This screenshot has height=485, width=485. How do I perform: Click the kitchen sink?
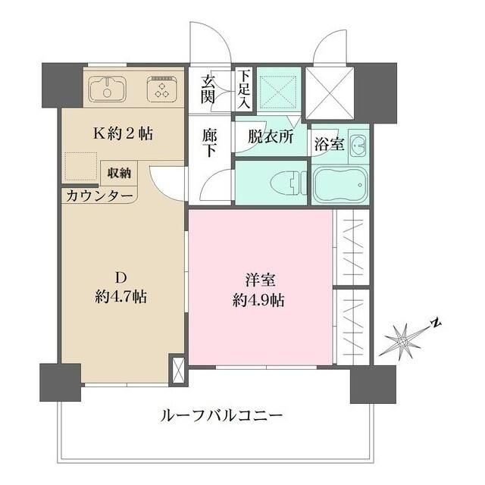tap(108, 89)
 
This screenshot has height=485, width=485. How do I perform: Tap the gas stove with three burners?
tap(161, 89)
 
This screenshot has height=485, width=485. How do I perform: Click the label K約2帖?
tap(123, 134)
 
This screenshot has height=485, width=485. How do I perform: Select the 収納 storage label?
tap(119, 173)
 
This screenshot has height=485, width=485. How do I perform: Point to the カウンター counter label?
tap(99, 196)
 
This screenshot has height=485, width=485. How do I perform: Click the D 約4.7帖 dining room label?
tap(121, 289)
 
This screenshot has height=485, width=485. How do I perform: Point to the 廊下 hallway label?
tap(210, 142)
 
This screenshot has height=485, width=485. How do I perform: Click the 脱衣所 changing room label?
tap(271, 139)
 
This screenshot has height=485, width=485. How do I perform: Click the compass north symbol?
tap(407, 339)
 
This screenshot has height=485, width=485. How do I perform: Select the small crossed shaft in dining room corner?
tap(179, 371)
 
